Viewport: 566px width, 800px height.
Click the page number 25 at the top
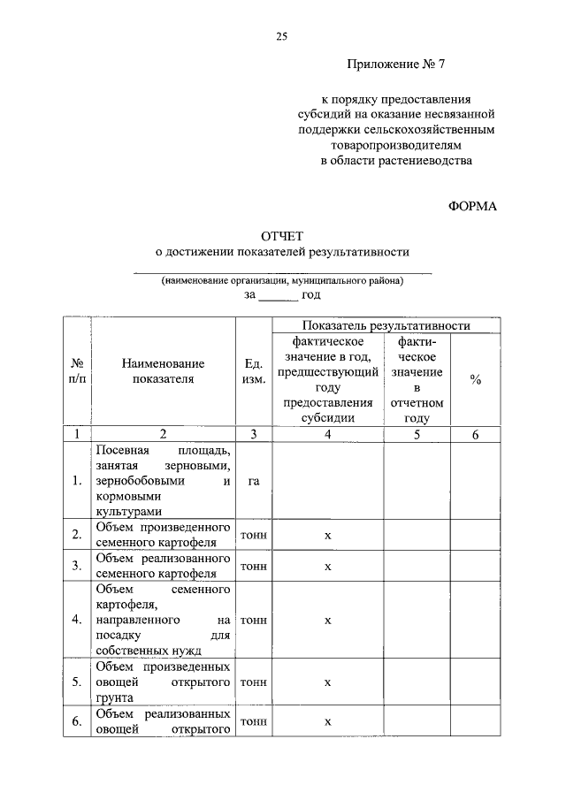[282, 36]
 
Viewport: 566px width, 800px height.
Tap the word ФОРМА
[474, 206]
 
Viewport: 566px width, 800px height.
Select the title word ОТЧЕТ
[281, 236]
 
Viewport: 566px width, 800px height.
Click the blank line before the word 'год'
[278, 295]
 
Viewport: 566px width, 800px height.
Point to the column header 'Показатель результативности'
[385, 326]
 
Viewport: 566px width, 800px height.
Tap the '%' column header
[476, 379]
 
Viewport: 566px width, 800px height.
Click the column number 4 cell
[327, 434]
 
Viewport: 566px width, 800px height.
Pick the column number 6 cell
[476, 434]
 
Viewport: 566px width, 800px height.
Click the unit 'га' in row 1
[253, 481]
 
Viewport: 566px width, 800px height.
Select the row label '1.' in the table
[77, 481]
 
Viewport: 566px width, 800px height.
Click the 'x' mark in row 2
[327, 535]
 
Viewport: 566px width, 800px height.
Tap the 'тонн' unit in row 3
[253, 566]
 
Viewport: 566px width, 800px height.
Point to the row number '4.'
[77, 620]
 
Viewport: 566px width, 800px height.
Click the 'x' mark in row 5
[327, 682]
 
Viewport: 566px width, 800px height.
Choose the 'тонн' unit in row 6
[253, 721]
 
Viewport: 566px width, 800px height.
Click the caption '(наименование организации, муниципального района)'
[282, 280]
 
